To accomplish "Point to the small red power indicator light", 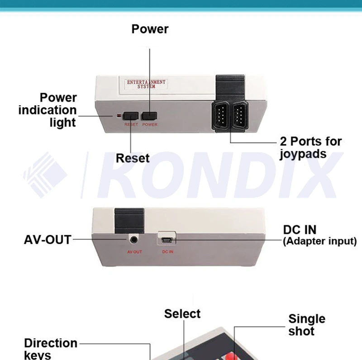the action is coord(119,116).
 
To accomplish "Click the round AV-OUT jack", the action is coord(134,239).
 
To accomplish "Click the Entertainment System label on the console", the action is coord(146,84).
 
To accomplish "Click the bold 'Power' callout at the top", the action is coord(150,29).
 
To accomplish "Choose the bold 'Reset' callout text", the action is coord(133,158).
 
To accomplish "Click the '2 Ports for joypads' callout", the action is coord(310,147).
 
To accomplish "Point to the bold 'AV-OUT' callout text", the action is coord(48,240).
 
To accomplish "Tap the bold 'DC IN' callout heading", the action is coord(300,229).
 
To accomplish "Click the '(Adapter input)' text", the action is coord(319,241).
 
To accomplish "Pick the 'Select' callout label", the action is coord(182,314).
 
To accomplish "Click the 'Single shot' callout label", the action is coord(307,325).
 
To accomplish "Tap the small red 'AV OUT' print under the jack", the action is coord(134,251).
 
